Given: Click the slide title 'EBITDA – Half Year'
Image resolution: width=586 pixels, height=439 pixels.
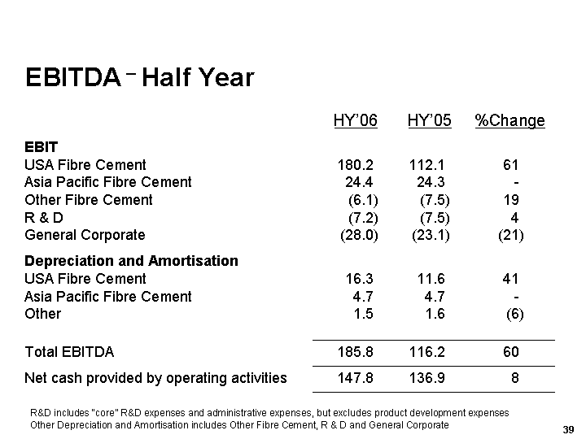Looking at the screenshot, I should click(x=139, y=78).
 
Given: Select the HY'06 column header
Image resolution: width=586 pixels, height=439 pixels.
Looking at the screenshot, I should click(x=356, y=121).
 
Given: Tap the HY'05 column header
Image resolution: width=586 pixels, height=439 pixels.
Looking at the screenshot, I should click(x=429, y=121).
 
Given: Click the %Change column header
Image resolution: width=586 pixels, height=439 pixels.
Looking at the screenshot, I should click(x=509, y=121).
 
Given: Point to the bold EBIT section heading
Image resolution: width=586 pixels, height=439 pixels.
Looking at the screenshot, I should click(x=42, y=147).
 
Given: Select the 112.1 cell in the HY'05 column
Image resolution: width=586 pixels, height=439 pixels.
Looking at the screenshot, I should click(x=429, y=165).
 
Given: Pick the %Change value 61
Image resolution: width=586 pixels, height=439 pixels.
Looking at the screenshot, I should click(x=511, y=165).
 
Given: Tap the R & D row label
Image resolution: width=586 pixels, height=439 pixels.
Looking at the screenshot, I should click(x=44, y=218).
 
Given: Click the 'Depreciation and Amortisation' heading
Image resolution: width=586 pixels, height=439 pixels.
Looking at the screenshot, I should click(x=132, y=261).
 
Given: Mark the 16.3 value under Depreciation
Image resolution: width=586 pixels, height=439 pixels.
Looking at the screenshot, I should click(x=360, y=279).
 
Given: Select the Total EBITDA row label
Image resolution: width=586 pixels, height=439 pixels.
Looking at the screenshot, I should click(x=69, y=352).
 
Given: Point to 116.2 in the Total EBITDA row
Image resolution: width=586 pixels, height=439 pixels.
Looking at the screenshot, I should click(x=429, y=352).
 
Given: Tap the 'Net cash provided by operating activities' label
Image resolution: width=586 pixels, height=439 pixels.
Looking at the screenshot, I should click(x=155, y=377).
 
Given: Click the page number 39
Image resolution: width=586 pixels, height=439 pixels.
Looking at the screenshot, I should click(x=568, y=428).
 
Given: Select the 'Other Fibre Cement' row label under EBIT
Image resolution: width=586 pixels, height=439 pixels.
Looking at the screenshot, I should click(x=89, y=200).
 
